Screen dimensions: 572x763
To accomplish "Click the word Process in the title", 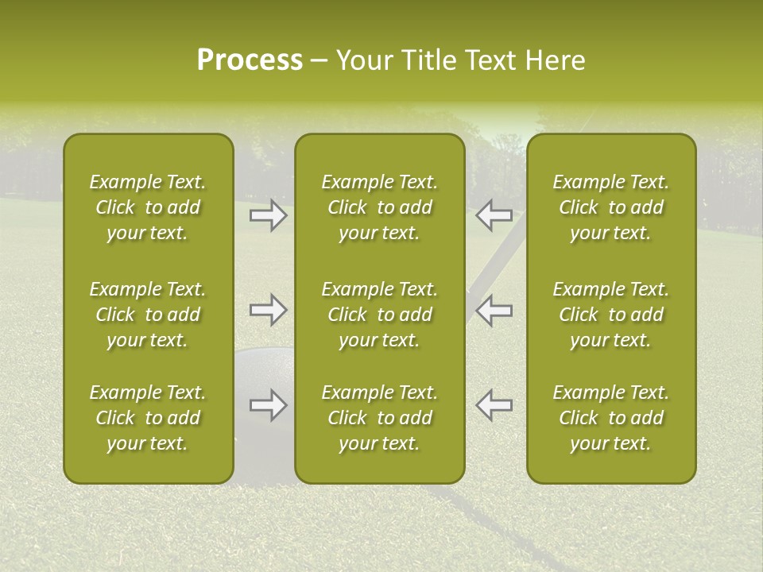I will (x=250, y=60).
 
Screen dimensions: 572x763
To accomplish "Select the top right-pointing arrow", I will (x=268, y=215).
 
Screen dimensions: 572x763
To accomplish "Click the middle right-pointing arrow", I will (x=268, y=310).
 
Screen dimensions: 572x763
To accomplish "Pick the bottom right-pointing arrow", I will (x=268, y=405).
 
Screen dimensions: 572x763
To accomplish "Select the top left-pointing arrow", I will (x=494, y=215).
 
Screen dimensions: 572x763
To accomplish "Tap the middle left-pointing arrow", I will (x=494, y=310).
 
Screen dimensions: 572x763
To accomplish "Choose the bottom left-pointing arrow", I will (x=494, y=405).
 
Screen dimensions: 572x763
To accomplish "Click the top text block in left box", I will (x=148, y=207).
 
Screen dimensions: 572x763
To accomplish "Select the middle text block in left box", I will (x=148, y=315).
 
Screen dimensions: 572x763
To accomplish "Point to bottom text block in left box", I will (x=148, y=418).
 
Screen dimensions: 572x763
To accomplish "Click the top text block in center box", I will (x=379, y=207).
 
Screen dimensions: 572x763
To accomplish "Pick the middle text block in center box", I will (x=379, y=315).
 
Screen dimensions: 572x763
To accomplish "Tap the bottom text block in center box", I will (x=379, y=418).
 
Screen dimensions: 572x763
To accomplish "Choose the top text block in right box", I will (x=611, y=207).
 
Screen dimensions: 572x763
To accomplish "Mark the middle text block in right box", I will (x=611, y=315).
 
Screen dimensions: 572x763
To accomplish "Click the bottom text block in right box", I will (x=611, y=418).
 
